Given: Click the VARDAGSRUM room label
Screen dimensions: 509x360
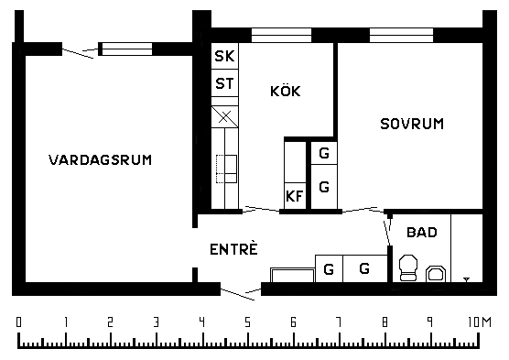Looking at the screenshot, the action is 101,160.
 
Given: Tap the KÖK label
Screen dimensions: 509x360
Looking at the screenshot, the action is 286,91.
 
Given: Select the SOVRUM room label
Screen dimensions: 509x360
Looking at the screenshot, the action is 412,124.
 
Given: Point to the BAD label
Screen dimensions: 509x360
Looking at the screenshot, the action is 422,233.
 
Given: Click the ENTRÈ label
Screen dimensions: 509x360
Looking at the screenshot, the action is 233,249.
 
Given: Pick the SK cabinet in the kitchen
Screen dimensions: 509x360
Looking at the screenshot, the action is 224,56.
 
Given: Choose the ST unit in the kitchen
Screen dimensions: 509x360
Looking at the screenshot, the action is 224,83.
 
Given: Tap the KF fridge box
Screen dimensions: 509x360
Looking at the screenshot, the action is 295,196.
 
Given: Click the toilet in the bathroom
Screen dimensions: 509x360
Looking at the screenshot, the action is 408,267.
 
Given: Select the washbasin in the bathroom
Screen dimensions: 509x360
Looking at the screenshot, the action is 436,273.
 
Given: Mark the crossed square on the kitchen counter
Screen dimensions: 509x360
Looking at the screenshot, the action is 224,116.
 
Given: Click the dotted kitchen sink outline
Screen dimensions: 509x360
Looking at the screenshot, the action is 226,169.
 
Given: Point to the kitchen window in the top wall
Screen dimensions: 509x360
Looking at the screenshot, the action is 281,35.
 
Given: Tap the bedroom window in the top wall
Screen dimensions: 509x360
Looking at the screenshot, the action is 401,35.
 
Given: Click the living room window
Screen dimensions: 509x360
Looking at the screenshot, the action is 125,49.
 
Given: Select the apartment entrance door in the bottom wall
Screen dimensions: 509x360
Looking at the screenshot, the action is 241,292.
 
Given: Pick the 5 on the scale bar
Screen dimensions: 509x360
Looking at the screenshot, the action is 248,322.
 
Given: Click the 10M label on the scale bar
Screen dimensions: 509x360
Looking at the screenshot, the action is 480,322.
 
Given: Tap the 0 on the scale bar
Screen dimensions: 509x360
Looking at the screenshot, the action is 19,322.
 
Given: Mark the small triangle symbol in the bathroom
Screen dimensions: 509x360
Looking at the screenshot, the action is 467,279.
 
